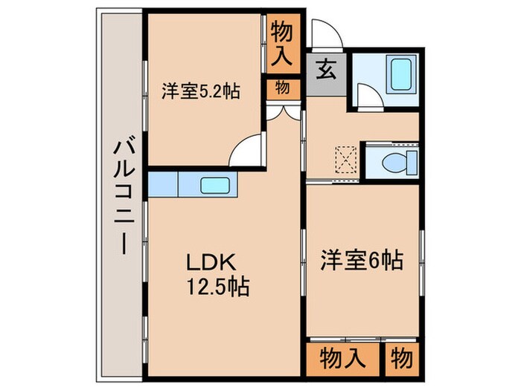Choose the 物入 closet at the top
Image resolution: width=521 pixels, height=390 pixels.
[284, 42]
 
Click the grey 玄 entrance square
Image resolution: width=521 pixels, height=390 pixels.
[326, 74]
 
